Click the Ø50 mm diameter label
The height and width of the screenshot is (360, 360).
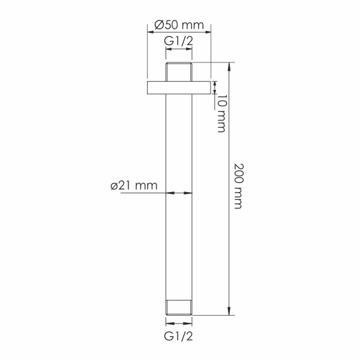point(179,25)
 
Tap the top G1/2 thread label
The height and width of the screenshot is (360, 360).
point(179,41)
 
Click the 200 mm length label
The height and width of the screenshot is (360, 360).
point(238,185)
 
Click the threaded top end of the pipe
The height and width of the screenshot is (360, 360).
point(179,70)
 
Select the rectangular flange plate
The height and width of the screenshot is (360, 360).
point(179,87)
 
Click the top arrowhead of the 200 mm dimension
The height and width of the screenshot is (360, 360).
point(229,65)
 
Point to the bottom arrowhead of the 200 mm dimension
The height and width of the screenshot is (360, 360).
point(229,311)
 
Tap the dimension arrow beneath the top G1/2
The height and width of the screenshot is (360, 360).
point(179,52)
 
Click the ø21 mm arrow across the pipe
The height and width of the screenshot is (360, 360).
point(179,193)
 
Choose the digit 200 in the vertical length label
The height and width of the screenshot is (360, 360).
point(238,174)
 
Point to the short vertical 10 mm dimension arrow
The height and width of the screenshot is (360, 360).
point(216,87)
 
